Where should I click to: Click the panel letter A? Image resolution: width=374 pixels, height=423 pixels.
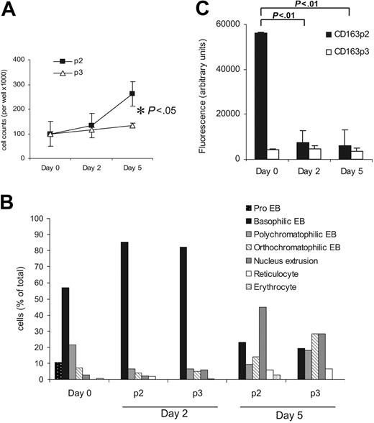point(10,11)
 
